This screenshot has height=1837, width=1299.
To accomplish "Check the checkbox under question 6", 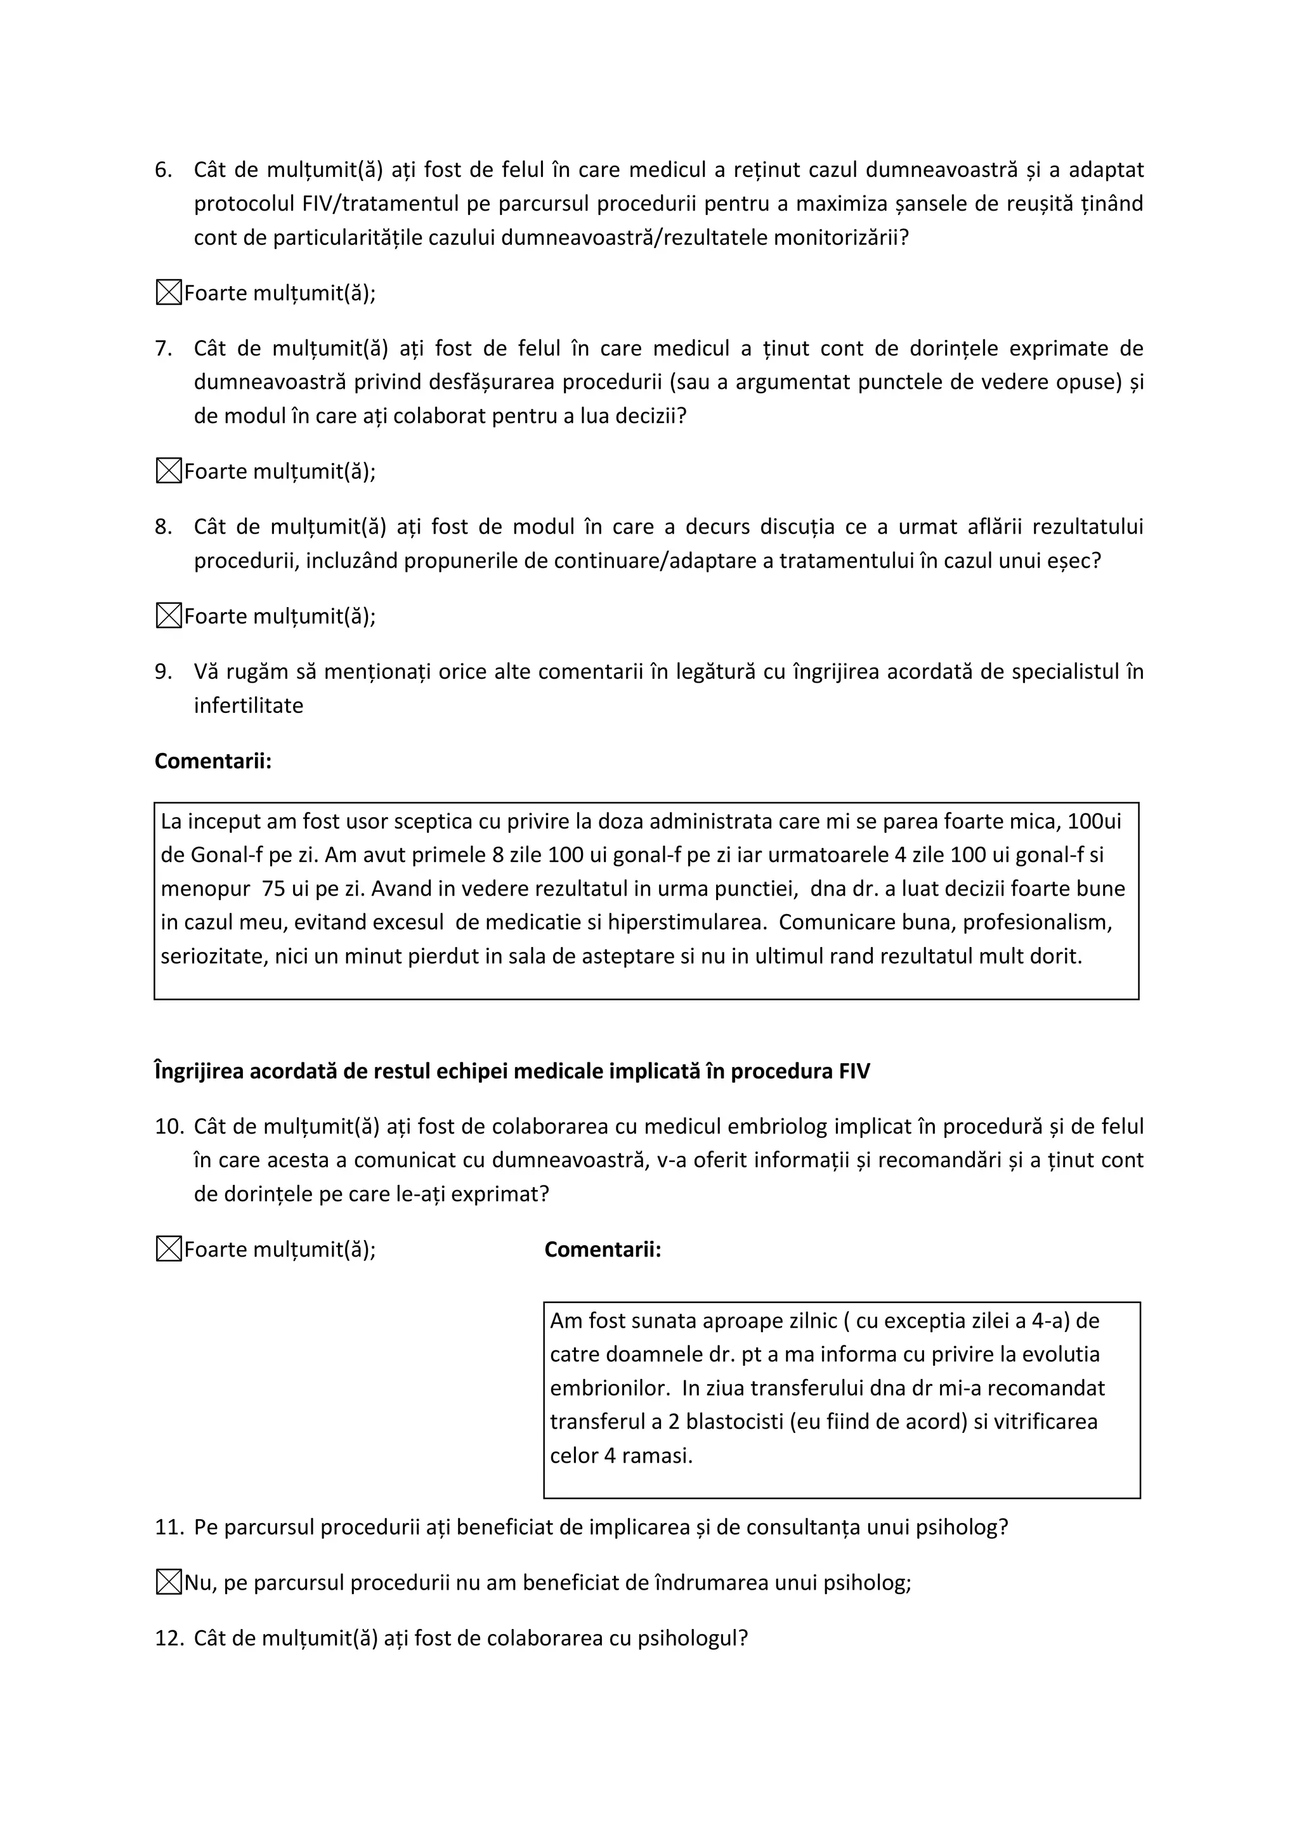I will point(168,293).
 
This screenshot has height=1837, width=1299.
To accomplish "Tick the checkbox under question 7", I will point(168,471).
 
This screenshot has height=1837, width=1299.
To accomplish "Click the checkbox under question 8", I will point(168,616).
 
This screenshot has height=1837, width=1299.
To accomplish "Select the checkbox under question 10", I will point(168,1249).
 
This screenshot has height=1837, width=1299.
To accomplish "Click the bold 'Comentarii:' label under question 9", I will point(212,761).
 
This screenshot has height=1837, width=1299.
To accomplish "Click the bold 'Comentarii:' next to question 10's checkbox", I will point(603,1249).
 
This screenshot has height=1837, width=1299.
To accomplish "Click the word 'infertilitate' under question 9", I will point(248,705).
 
